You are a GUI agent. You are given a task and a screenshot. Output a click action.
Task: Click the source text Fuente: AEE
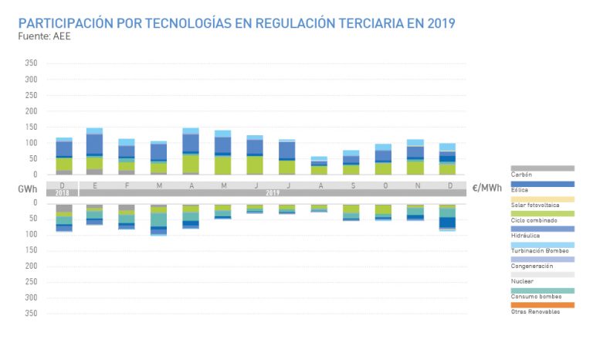point(45,36)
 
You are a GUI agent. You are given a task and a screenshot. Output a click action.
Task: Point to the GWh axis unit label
point(29,188)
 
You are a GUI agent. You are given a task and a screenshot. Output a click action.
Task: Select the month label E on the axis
point(94,185)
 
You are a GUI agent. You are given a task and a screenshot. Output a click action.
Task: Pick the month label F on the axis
point(127,185)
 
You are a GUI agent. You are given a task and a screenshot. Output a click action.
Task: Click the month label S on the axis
point(351,185)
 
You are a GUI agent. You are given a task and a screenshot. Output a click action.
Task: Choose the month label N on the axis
point(415,185)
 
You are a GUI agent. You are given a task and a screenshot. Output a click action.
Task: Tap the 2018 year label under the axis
point(63,192)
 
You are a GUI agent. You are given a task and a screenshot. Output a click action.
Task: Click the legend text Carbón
point(523,175)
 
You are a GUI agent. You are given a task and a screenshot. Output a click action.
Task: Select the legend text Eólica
point(521,191)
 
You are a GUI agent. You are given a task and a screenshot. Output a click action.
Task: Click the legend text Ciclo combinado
point(531,220)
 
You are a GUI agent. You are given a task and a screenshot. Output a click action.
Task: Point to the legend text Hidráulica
point(525,236)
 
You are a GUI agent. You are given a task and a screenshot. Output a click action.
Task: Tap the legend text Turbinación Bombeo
point(539,250)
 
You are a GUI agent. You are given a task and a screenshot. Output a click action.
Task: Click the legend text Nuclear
point(522,281)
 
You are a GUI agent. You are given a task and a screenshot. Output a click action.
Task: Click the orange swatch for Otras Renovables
point(542,304)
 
